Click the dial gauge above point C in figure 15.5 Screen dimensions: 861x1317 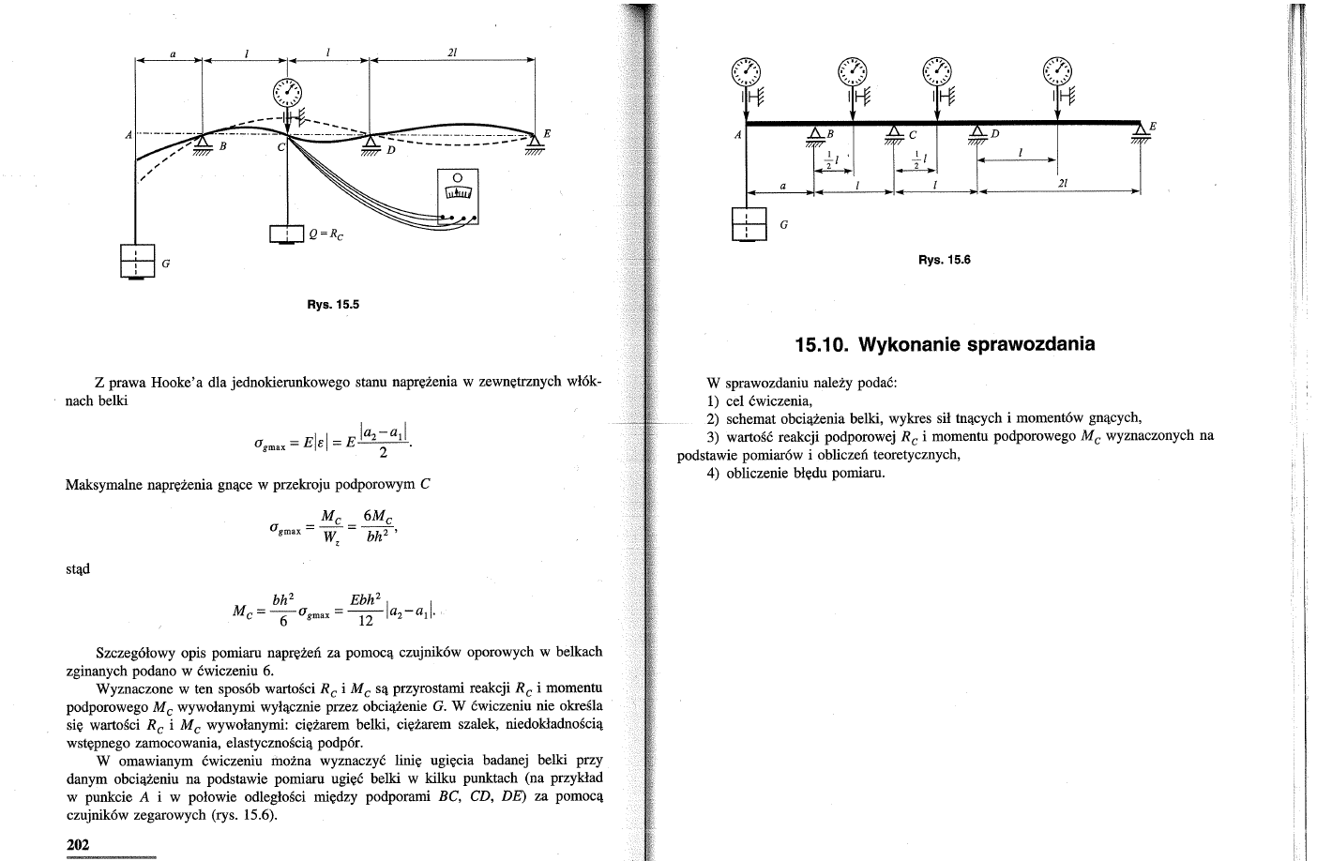point(288,91)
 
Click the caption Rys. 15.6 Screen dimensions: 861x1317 point(944,260)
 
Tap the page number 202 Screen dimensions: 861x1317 point(78,844)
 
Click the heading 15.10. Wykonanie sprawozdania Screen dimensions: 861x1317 point(945,344)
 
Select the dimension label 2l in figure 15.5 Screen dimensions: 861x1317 point(452,53)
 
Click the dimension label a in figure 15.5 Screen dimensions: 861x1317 point(171,53)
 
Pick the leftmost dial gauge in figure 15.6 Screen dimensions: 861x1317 point(747,71)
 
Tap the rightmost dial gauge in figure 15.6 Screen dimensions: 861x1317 point(1059,71)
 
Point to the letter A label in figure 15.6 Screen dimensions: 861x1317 point(737,135)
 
